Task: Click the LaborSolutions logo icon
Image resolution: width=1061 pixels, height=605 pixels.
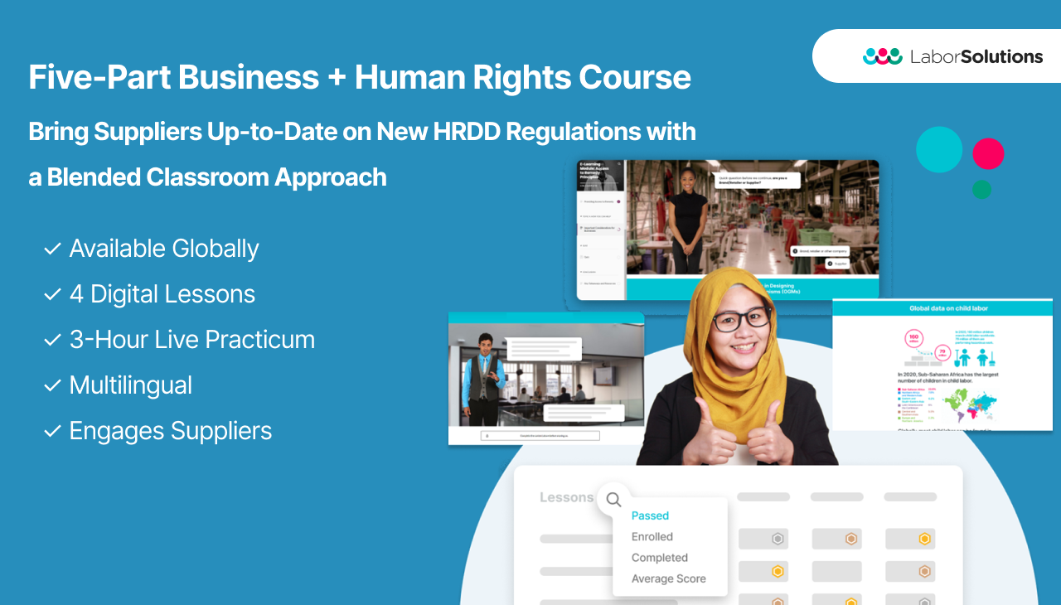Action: click(882, 56)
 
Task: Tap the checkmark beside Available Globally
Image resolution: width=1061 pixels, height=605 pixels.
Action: click(52, 249)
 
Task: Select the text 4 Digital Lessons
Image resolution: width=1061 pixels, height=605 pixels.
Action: click(162, 294)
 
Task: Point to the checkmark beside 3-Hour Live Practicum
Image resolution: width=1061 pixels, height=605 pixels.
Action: click(52, 340)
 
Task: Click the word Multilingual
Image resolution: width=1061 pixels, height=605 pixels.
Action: click(131, 385)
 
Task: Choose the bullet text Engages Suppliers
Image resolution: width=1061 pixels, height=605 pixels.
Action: click(171, 431)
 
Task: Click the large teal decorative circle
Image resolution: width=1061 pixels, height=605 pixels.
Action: click(939, 150)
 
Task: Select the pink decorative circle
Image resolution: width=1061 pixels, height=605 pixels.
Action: click(988, 153)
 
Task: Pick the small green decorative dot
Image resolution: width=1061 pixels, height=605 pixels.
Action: click(981, 190)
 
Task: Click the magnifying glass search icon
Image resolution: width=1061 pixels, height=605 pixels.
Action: click(613, 500)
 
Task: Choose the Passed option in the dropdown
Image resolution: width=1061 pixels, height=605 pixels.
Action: click(650, 515)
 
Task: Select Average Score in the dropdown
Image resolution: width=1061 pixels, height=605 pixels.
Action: click(668, 578)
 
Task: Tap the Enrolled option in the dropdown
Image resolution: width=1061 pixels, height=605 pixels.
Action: click(652, 536)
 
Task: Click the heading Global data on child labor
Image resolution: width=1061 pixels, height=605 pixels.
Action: click(942, 308)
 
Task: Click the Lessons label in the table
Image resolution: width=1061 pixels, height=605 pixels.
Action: click(566, 497)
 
